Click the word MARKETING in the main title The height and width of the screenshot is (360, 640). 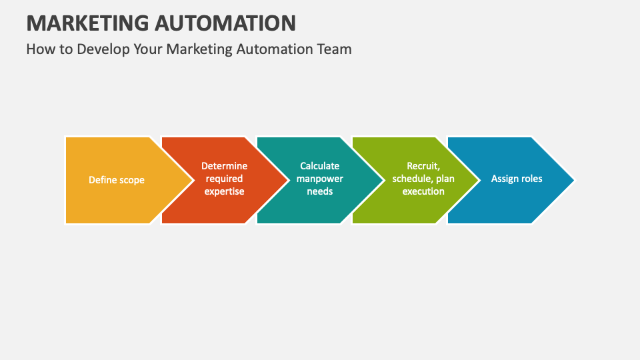pyautogui.click(x=88, y=23)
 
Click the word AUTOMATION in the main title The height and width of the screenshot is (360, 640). pyautogui.click(x=225, y=23)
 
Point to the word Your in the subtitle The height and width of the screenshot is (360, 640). pyautogui.click(x=148, y=49)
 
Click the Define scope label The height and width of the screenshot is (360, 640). pyautogui.click(x=116, y=180)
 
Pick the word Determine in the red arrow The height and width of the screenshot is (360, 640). pyautogui.click(x=224, y=166)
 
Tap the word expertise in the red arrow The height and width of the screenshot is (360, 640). pyautogui.click(x=224, y=191)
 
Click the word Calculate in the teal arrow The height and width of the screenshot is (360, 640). pyautogui.click(x=319, y=166)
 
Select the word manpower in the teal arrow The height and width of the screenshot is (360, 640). pyautogui.click(x=319, y=179)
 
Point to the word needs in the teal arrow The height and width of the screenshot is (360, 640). pyautogui.click(x=319, y=191)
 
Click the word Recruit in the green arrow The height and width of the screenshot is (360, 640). pyautogui.click(x=423, y=166)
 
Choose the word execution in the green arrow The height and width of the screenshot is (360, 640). pyautogui.click(x=423, y=191)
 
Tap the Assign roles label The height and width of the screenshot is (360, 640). pyautogui.click(x=516, y=179)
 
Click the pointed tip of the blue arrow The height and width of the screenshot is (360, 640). pyautogui.click(x=574, y=180)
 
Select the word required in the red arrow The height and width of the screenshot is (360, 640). pyautogui.click(x=224, y=179)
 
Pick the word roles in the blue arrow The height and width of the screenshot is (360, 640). pyautogui.click(x=531, y=179)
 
